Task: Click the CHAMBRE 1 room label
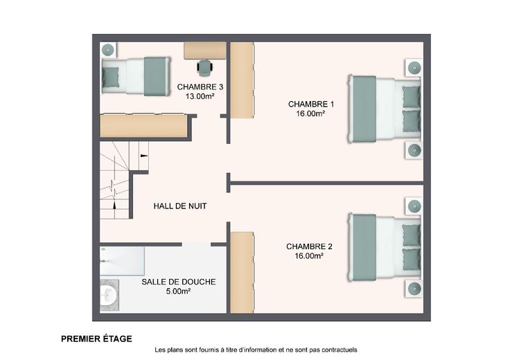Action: pos(310,105)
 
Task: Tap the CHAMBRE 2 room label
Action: pos(309,246)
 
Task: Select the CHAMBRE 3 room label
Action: pos(200,87)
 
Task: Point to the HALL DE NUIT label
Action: pos(180,206)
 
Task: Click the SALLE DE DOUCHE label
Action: pos(179,282)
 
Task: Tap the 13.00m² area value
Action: pos(200,96)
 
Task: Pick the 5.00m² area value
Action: pos(178,291)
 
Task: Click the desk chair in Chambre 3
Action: pos(205,69)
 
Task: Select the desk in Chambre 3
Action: pos(205,51)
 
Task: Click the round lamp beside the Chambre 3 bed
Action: pos(107,50)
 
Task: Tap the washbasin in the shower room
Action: pos(109,296)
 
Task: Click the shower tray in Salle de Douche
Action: pos(122,261)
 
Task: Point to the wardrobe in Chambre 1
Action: pos(242,80)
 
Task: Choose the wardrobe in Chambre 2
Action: pos(242,273)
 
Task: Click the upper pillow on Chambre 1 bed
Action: pos(412,96)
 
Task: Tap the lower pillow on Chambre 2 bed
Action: pos(412,260)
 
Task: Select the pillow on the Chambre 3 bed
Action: pos(111,78)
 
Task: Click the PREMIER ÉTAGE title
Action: pos(96,339)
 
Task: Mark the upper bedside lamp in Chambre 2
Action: pos(414,206)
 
